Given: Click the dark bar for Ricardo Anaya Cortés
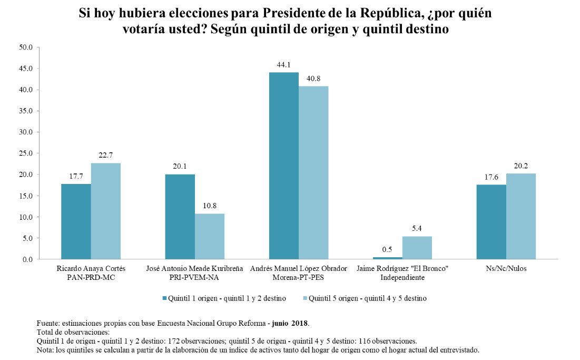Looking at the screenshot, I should click(x=76, y=221).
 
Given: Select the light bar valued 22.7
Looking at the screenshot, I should click(x=106, y=211).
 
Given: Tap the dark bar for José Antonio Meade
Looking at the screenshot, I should click(x=180, y=217).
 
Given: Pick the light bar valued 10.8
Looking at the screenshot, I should click(x=210, y=236).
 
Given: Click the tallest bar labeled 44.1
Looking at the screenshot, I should click(x=284, y=166).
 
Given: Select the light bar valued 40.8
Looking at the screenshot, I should click(x=313, y=172).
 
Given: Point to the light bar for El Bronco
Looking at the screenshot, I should click(x=417, y=248).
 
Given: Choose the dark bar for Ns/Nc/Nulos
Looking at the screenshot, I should click(x=491, y=222).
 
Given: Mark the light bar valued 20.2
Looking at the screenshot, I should click(x=521, y=216).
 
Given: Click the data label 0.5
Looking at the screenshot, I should click(x=387, y=249).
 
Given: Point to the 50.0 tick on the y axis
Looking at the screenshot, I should click(x=26, y=47).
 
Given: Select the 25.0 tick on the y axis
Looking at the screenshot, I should click(x=26, y=153).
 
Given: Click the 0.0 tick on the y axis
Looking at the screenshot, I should click(x=27, y=259).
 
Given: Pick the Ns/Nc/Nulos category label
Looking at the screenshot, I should click(x=506, y=268).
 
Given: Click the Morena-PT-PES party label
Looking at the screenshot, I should click(x=299, y=277).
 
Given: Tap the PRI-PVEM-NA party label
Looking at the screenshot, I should click(x=195, y=277).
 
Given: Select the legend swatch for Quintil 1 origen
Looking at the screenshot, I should click(x=164, y=298).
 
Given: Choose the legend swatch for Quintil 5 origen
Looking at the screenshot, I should click(x=304, y=298).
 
